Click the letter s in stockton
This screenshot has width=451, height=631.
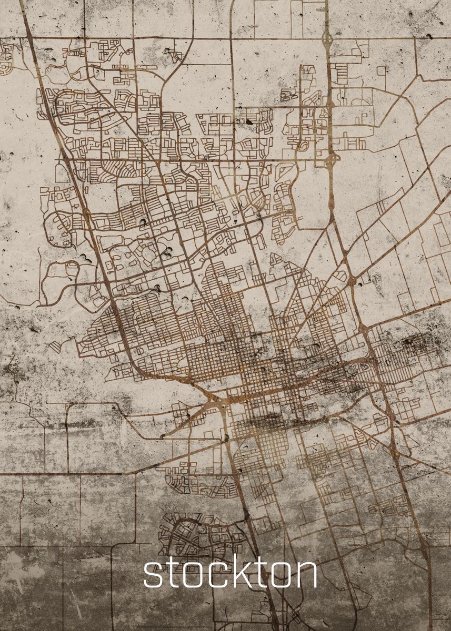152,575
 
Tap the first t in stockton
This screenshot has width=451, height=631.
171,573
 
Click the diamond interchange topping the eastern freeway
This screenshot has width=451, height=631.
327,38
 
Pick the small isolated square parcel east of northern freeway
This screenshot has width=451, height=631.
380,70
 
